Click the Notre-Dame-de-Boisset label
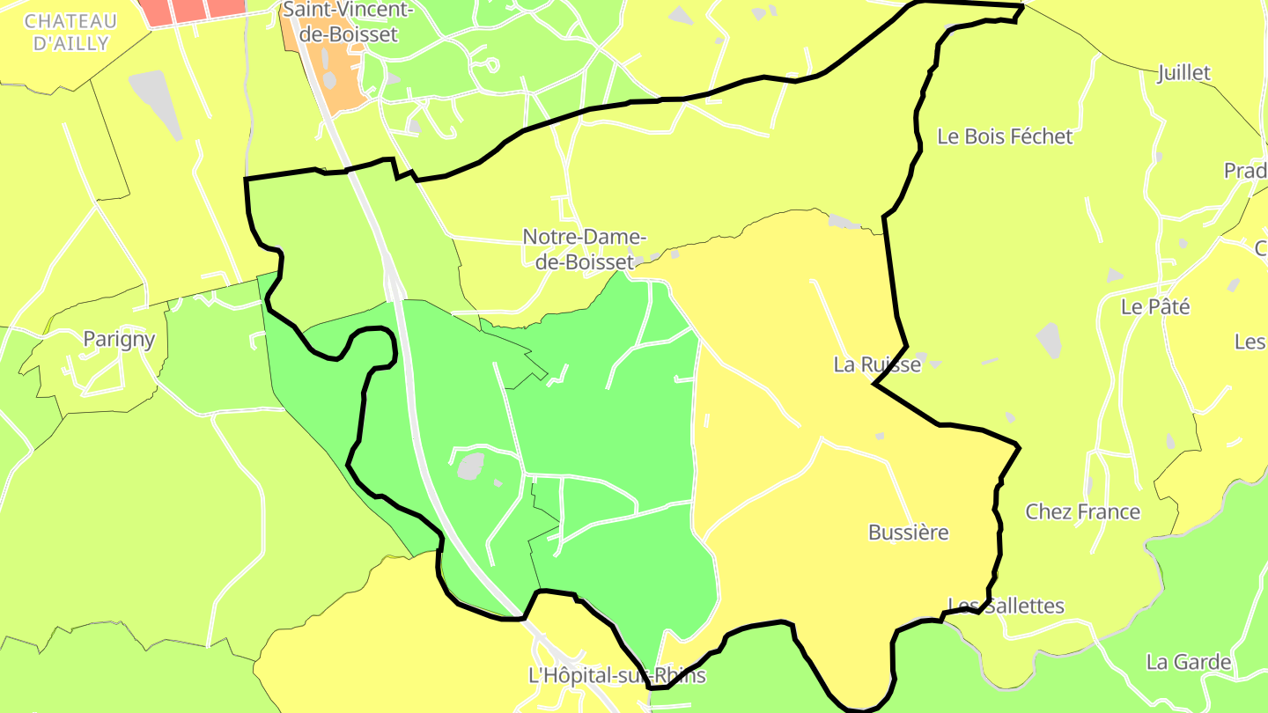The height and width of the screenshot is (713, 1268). click(585, 249)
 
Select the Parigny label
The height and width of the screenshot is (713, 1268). click(119, 339)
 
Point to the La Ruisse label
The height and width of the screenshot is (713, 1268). click(877, 364)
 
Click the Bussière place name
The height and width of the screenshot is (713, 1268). click(908, 533)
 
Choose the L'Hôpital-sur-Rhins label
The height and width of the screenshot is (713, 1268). click(616, 676)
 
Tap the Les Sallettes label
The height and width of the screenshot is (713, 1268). click(1006, 606)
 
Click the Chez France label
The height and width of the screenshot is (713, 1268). click(1082, 511)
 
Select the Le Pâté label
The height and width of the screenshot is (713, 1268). click(1155, 307)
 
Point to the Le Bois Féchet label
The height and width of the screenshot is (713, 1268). click(1005, 136)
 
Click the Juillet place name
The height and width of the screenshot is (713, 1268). click(1184, 73)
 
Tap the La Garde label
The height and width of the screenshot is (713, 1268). click(1188, 662)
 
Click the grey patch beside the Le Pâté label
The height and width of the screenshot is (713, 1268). click(1049, 339)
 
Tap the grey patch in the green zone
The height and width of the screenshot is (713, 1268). click(471, 465)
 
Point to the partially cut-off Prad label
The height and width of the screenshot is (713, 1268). click(1245, 171)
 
